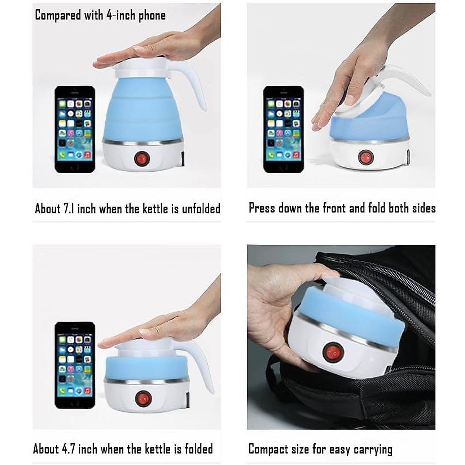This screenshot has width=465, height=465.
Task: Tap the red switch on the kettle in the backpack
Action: pos(330,352)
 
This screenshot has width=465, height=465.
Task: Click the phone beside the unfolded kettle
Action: pos(75,129)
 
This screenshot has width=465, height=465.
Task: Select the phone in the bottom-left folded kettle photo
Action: pos(75,365)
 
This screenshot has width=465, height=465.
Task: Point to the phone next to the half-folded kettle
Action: pos(283,129)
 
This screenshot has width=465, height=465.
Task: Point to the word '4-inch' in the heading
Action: pos(121,15)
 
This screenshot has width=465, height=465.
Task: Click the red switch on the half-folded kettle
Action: pos(365,157)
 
